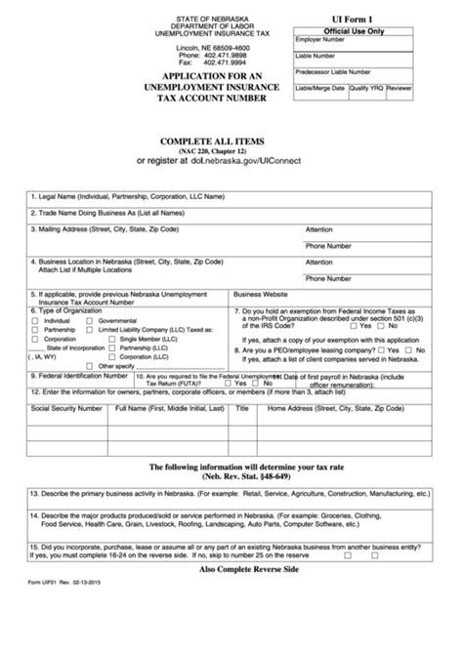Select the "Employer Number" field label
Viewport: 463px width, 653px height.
(319, 41)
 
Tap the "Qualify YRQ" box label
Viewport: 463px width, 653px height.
(366, 88)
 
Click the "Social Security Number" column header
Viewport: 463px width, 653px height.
(66, 408)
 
